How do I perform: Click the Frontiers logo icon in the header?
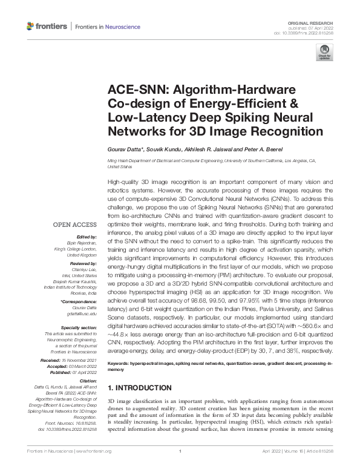pyautogui.click(x=31, y=26)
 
